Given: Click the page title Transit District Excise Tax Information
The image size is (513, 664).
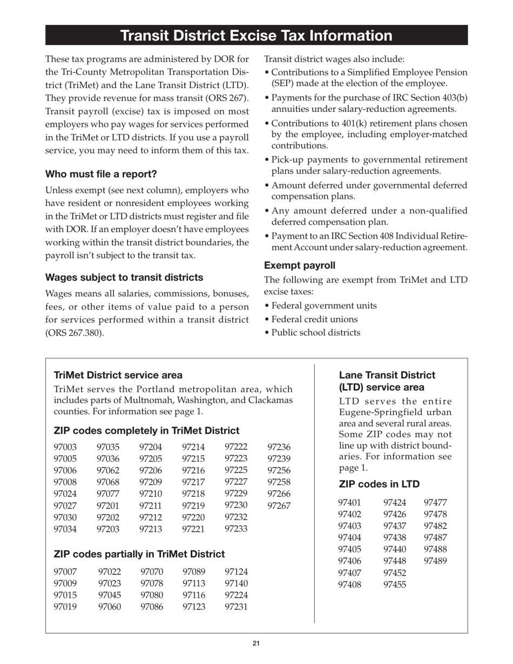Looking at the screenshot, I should pos(256,36).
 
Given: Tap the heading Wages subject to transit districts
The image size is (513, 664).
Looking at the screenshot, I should pos(124,277).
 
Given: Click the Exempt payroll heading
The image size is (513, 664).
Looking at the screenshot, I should pos(300,265).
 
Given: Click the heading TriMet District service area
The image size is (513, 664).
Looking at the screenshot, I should pos(118,375).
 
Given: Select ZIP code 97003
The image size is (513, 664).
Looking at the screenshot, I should pos(65,447).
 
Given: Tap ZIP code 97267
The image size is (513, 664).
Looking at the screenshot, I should pos(279,506).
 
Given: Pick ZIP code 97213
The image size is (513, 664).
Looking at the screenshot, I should pos(151,529).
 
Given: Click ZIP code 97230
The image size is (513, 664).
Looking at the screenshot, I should pos(236,505).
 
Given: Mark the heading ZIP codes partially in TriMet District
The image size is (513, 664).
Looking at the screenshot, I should pos(139,554).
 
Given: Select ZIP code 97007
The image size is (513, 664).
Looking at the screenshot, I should pos(65,571).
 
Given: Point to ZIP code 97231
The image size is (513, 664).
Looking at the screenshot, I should pos(236,607).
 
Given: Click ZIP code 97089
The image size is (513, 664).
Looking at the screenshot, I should pos(194,571).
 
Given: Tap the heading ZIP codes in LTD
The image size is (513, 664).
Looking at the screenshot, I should pos(379,484).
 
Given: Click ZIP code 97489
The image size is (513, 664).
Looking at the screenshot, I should pos(436,561).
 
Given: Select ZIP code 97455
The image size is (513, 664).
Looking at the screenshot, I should pos(395,584).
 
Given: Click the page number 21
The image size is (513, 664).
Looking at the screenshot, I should pos(256,643).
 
